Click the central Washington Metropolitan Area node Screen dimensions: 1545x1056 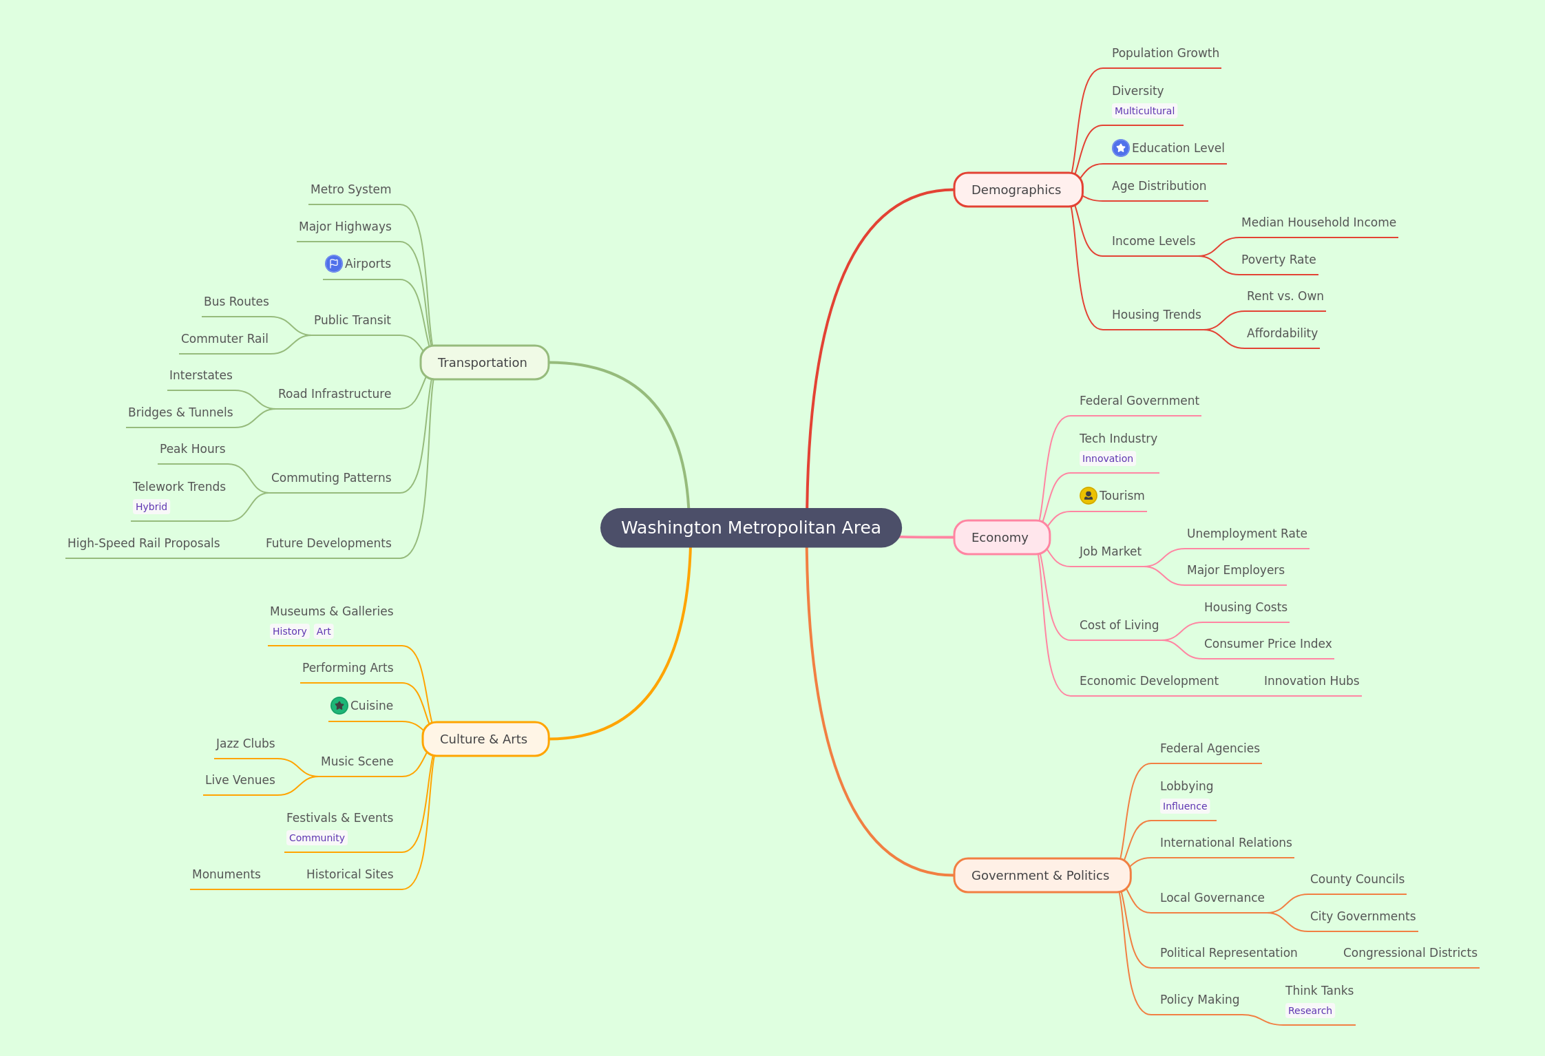(x=750, y=528)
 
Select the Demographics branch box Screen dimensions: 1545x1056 (x=1018, y=190)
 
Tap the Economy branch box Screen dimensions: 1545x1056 (x=1001, y=538)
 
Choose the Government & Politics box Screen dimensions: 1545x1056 (x=1042, y=876)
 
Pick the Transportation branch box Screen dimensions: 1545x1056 (x=484, y=363)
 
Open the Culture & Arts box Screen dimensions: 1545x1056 (x=485, y=739)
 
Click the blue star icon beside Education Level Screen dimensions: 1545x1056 (x=1121, y=148)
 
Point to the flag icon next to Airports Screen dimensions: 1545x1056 (x=334, y=264)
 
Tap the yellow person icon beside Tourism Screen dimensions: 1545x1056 (x=1089, y=496)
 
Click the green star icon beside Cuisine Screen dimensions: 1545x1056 (x=339, y=706)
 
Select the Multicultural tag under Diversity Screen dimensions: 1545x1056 (x=1144, y=111)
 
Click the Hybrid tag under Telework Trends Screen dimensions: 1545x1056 (x=151, y=507)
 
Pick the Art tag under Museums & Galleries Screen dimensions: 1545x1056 (x=324, y=631)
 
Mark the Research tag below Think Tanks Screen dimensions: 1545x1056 (x=1310, y=1011)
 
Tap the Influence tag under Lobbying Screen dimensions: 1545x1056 (x=1185, y=806)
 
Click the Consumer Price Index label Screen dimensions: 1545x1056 (x=1268, y=644)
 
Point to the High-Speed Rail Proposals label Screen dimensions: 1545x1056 (x=144, y=543)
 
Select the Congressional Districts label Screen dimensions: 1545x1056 (x=1410, y=953)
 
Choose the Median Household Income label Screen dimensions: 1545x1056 (x=1318, y=222)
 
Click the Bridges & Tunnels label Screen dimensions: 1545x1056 (x=180, y=412)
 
